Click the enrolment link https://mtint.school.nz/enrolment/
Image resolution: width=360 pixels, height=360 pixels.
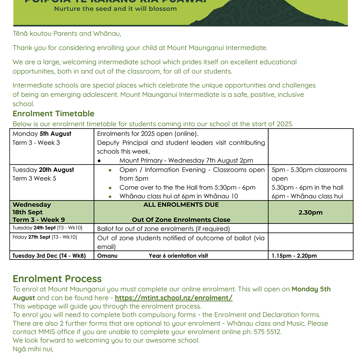coord(174,298)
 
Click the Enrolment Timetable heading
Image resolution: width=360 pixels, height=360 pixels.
coord(53,114)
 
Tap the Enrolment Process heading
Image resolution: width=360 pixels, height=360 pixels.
coord(57,279)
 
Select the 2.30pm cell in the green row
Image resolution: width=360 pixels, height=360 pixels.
coord(310,212)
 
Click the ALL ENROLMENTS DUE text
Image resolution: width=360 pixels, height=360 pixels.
coord(181,204)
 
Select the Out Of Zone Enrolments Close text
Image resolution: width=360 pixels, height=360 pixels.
coord(181,220)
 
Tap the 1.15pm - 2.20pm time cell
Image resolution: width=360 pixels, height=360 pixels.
coord(294,256)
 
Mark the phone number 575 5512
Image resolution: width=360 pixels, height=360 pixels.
coord(267,332)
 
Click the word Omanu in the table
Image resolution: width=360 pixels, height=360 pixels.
coord(107,256)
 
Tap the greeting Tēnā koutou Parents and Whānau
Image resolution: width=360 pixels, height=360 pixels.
coord(67,34)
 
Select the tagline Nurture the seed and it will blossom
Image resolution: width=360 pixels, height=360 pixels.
coord(115,9)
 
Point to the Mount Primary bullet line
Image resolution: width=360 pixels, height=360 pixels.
coord(186,161)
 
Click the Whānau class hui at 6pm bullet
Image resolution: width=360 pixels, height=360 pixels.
coord(179,196)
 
